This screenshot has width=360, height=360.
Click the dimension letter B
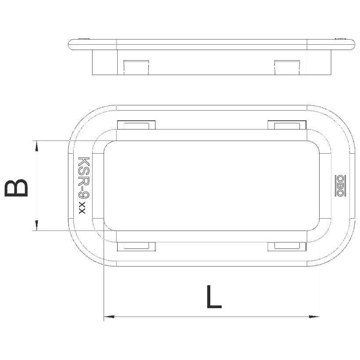point(16,188)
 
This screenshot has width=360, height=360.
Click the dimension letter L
point(214,296)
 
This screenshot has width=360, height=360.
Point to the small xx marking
point(82,208)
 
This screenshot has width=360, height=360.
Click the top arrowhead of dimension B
point(36,146)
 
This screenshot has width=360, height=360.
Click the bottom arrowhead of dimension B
point(36,225)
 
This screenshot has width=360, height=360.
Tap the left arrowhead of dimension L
point(109,317)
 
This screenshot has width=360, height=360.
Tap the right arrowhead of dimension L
point(314,317)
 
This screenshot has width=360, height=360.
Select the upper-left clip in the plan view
point(137,125)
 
